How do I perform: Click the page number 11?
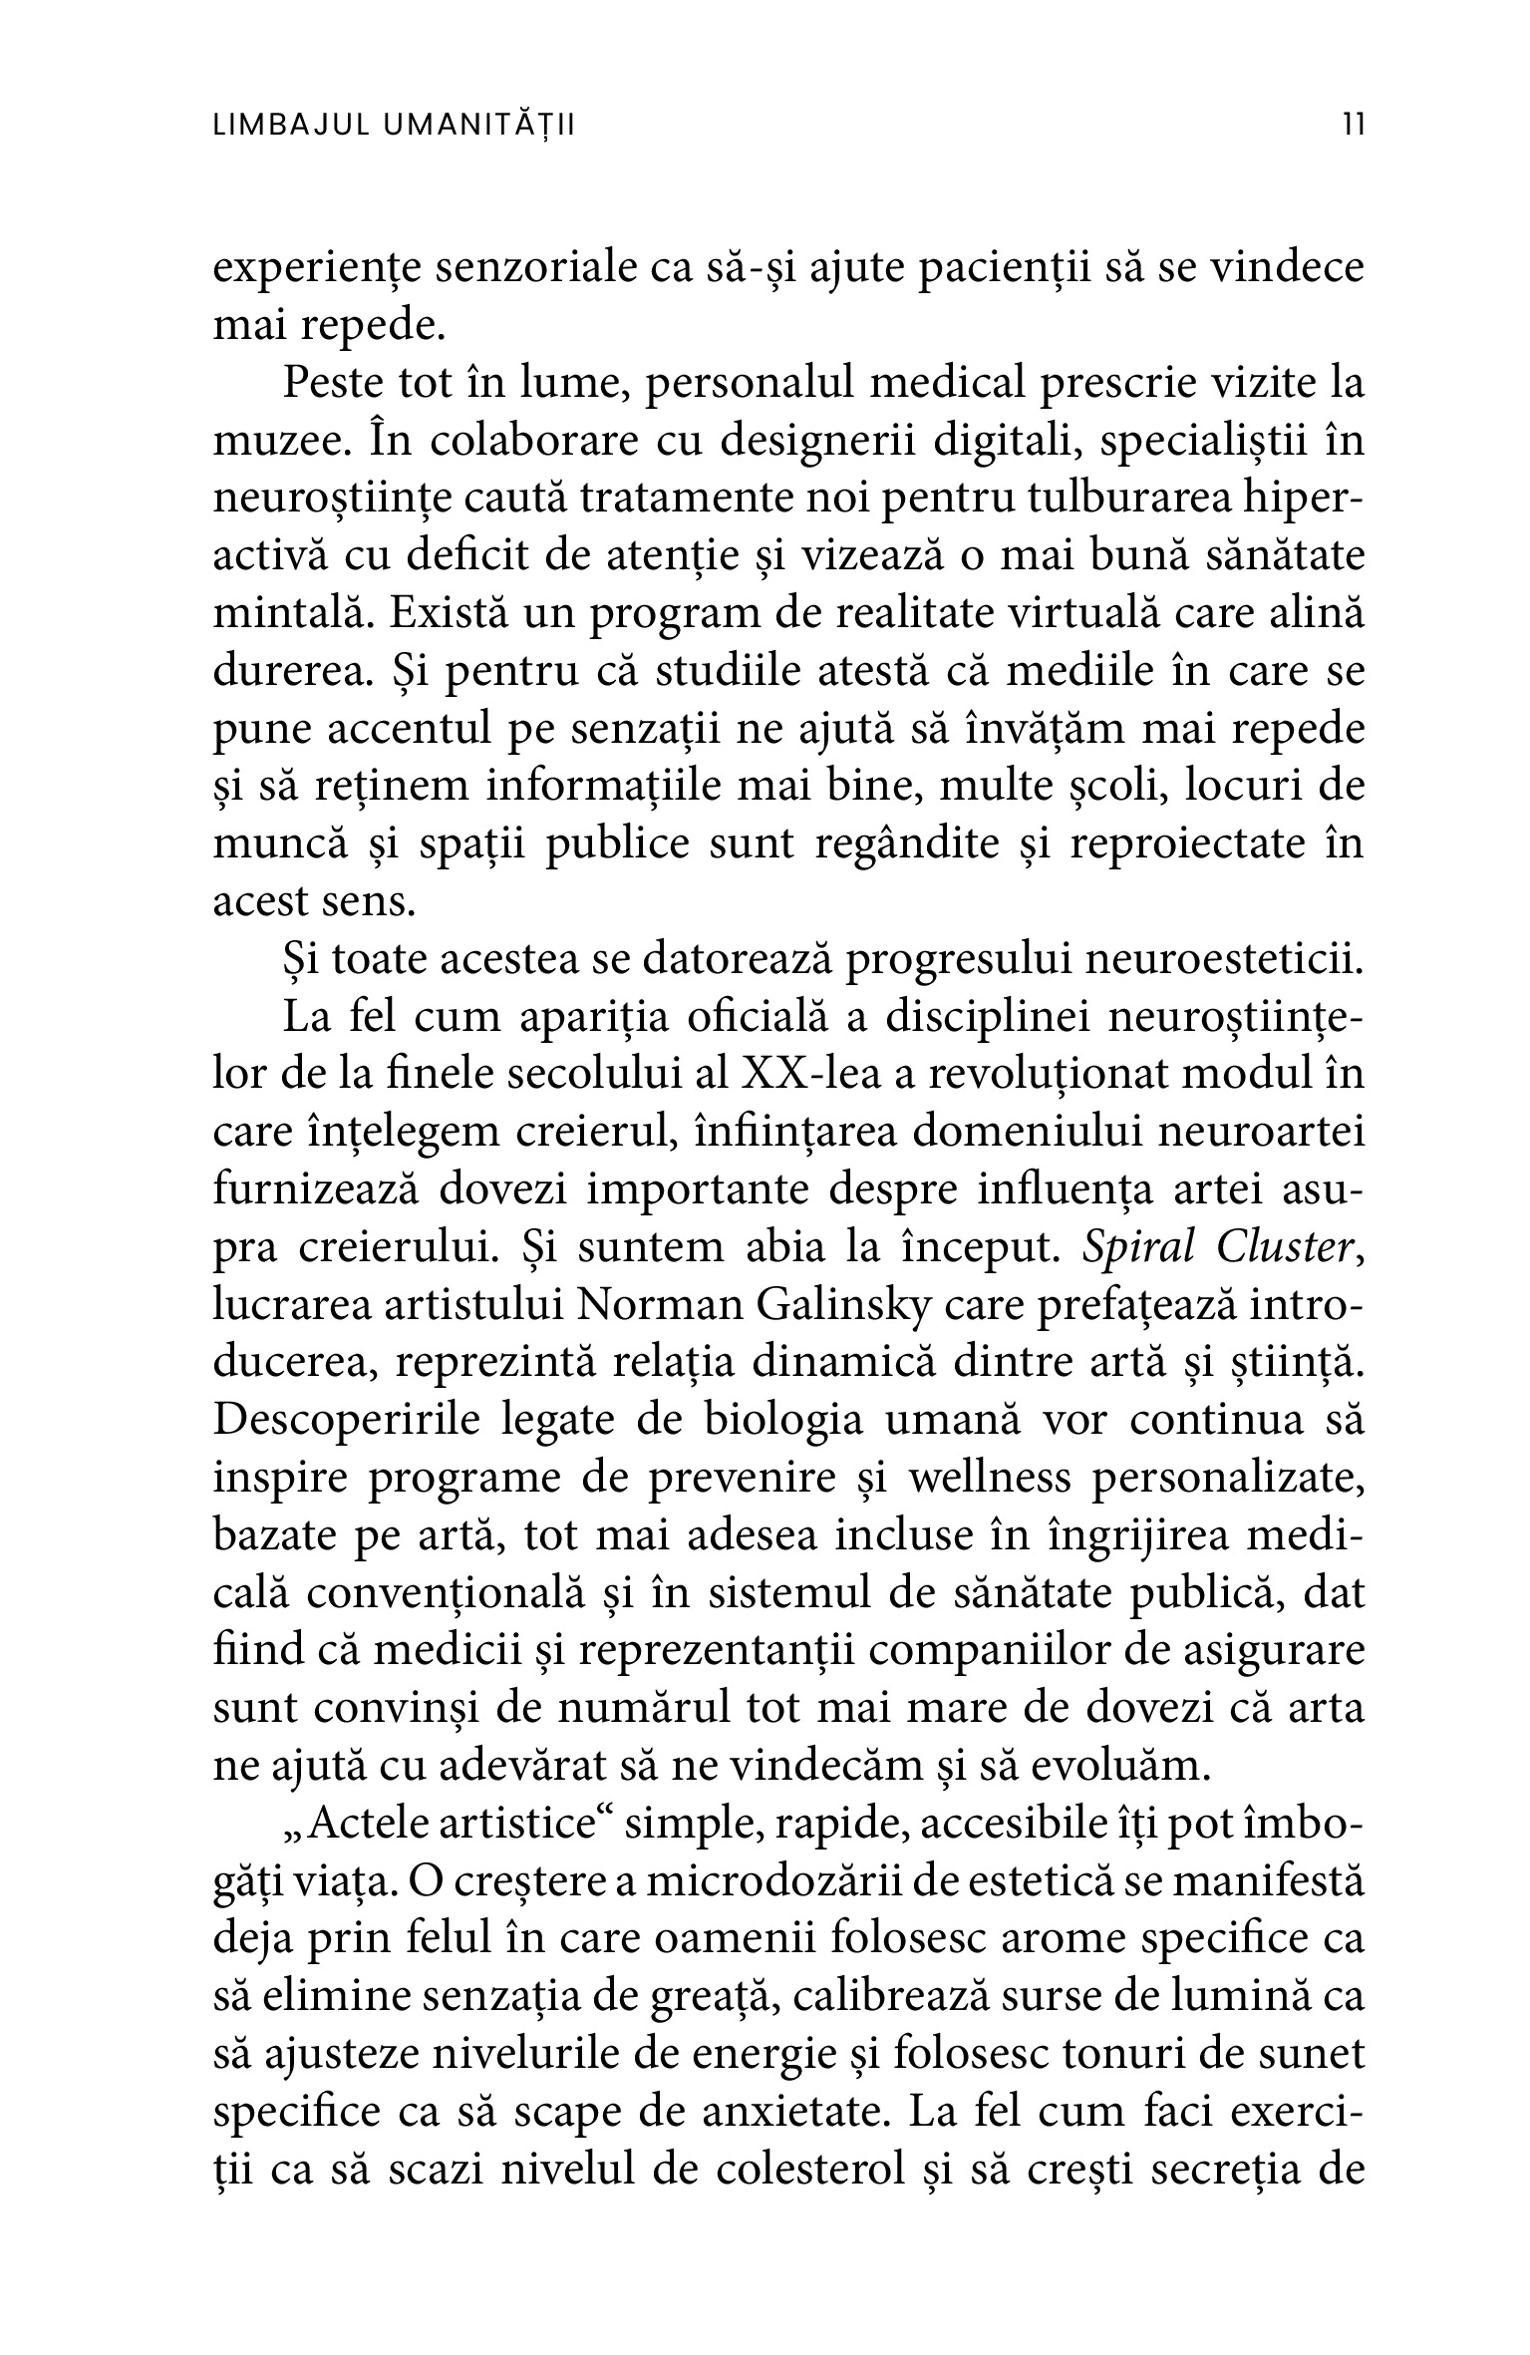(1353, 126)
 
